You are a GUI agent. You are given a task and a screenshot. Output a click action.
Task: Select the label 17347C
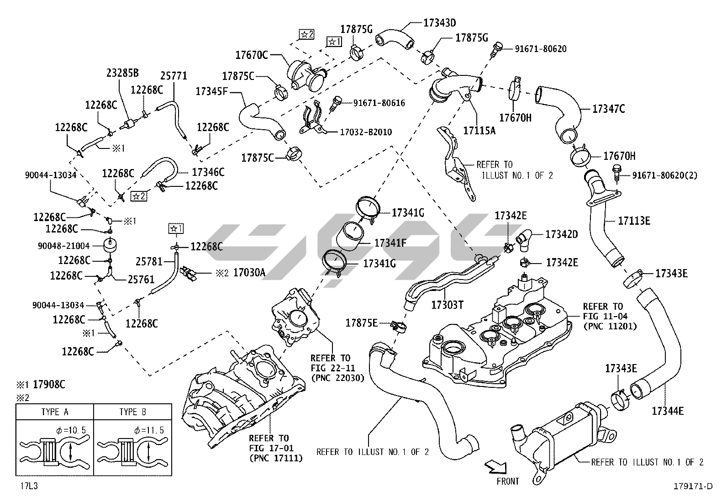(608, 109)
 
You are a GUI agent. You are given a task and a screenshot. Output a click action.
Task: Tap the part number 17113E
(634, 221)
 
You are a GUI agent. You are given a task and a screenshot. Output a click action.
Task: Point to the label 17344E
(667, 411)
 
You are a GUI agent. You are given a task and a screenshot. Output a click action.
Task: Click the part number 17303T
(447, 304)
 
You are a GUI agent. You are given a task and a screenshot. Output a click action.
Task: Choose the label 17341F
(390, 243)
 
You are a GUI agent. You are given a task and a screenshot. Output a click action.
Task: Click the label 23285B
(122, 73)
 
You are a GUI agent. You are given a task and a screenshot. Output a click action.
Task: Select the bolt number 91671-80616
(379, 103)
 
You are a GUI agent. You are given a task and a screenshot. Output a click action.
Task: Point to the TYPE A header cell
(55, 412)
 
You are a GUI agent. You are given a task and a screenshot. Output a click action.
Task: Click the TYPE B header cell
(132, 412)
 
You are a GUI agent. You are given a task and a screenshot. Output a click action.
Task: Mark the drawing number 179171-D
(692, 486)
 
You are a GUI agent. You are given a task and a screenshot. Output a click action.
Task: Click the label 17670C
(252, 55)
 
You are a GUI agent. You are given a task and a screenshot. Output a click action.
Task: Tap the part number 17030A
(249, 273)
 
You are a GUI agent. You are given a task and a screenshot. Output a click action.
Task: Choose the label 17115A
(479, 131)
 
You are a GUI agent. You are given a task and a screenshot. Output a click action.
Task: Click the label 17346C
(208, 172)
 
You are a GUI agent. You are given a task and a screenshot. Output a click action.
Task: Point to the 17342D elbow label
(562, 234)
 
